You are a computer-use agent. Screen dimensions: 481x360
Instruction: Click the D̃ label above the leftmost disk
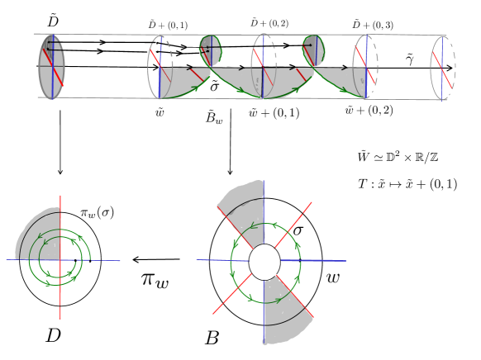pos(53,21)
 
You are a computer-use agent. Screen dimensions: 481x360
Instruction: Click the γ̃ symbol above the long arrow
pos(410,59)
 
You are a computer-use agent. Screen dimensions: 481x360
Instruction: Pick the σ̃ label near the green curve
pos(214,86)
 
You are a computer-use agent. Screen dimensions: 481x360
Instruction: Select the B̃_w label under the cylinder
pos(214,117)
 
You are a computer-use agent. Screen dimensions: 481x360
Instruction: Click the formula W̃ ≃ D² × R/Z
pos(398,157)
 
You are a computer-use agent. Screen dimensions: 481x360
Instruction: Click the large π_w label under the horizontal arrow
pos(155,280)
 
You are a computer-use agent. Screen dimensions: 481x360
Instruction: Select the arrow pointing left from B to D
pos(156,259)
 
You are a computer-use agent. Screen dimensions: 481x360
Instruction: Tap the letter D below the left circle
pos(54,335)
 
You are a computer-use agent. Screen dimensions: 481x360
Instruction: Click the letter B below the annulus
pos(212,338)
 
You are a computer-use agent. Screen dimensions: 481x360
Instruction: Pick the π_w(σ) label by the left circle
pos(97,212)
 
